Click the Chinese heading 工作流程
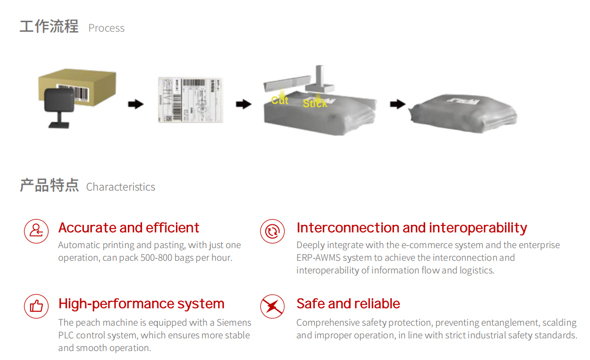(49, 26)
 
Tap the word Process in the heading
(106, 28)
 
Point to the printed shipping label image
(191, 100)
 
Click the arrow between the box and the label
(136, 104)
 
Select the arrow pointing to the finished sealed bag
(397, 104)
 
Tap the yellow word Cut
(279, 100)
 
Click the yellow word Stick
(315, 103)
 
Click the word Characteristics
(120, 187)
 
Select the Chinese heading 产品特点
(49, 185)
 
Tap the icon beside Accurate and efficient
(36, 231)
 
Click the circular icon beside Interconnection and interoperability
(273, 231)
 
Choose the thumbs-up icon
(36, 306)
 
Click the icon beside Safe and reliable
(273, 306)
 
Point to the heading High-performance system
(141, 304)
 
